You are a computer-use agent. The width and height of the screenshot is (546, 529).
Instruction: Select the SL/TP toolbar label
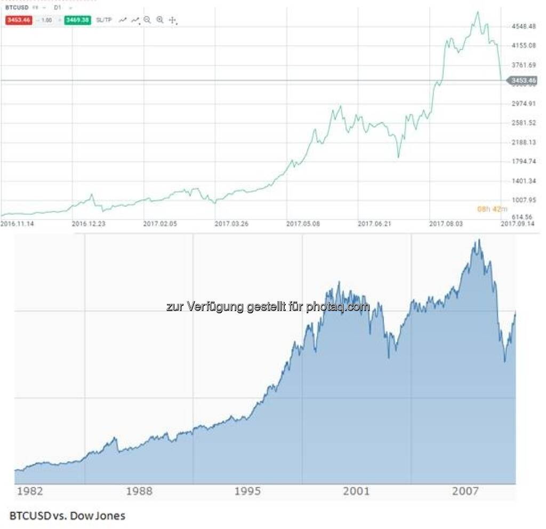[104, 20]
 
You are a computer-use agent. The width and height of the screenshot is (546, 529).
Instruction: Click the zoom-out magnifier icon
[147, 20]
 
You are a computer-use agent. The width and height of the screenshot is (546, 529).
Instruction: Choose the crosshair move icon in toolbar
[172, 20]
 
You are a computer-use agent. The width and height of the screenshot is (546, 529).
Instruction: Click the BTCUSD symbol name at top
[17, 9]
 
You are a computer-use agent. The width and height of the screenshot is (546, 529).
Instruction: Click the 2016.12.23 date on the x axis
[89, 224]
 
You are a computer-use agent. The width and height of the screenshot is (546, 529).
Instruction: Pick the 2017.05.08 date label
[303, 224]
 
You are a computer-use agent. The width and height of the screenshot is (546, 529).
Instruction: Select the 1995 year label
[248, 491]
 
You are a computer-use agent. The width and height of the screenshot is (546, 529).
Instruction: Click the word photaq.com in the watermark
[338, 307]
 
